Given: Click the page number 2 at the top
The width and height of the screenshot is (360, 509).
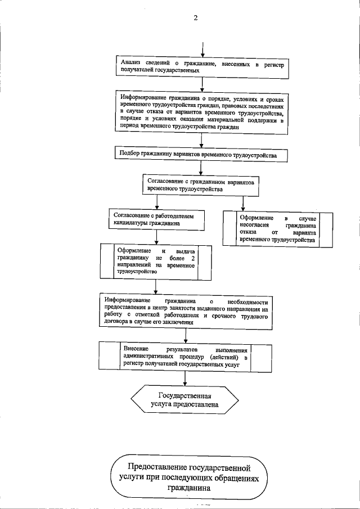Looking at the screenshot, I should [196, 17].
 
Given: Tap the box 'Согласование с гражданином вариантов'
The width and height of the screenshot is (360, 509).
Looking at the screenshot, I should [200, 186].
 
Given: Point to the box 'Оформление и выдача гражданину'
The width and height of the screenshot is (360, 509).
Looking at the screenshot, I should [155, 260].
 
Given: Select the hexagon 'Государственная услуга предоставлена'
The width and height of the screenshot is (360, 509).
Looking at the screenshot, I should [188, 399].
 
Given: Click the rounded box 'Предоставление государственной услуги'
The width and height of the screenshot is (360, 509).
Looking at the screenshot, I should [188, 477].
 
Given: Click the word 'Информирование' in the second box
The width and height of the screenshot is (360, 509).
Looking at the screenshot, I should [146, 98].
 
